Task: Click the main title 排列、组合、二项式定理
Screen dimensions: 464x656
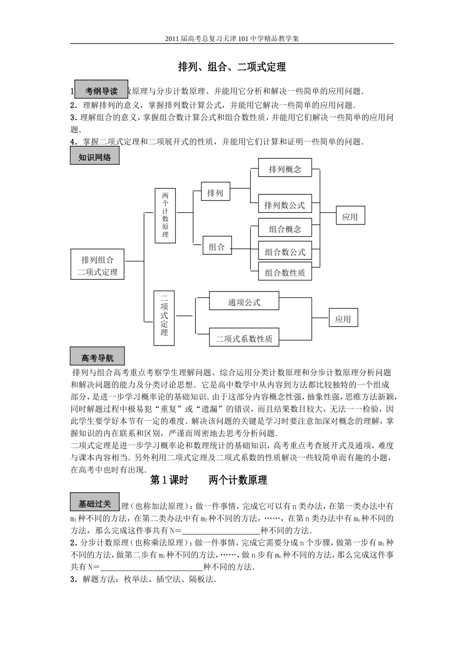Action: pos(232,67)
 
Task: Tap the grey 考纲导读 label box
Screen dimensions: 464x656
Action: pos(101,90)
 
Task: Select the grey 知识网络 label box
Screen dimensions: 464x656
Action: pos(95,157)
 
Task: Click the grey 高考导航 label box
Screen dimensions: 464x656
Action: pos(97,357)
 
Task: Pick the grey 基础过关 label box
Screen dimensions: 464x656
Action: pos(95,502)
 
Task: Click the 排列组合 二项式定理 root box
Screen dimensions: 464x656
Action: pos(97,266)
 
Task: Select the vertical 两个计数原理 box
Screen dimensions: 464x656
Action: pos(165,215)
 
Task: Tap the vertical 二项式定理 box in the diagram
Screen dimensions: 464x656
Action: pos(164,314)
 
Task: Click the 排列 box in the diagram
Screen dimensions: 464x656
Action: pos(215,193)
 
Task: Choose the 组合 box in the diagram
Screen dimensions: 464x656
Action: pos(217,247)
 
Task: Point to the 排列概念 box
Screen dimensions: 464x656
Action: pos(285,169)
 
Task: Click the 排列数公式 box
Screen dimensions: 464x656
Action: pos(284,205)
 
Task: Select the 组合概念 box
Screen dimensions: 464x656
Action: pos(285,229)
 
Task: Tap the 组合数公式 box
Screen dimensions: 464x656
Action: pos(285,252)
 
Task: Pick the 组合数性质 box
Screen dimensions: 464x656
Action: pos(285,273)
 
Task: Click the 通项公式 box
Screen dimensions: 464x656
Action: pos(244,302)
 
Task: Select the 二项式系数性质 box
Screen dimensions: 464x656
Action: pos(244,338)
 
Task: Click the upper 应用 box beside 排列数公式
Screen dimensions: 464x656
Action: pos(350,217)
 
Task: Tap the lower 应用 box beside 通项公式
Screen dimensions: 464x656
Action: pos(343,319)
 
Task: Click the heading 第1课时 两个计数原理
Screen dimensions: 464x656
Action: pos(209,480)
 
